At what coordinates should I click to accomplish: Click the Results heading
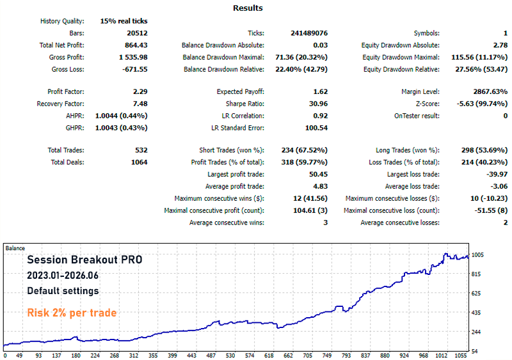point(248,8)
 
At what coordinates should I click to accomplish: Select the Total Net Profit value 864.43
point(136,45)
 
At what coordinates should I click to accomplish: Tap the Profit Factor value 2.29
point(140,91)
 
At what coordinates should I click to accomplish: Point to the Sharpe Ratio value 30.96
point(321,104)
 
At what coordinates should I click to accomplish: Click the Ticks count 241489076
point(309,33)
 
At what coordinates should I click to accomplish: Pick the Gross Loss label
point(68,69)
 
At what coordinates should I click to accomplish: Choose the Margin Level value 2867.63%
point(490,91)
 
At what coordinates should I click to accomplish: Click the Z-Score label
point(428,104)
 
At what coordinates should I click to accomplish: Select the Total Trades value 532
point(141,150)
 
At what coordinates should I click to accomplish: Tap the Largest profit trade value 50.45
point(318,174)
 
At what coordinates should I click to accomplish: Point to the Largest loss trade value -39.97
point(497,174)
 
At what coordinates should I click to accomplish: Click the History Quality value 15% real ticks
point(124,21)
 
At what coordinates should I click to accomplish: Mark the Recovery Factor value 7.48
point(140,104)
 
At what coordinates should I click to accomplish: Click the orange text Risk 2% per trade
point(72,313)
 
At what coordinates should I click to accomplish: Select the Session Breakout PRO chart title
point(84,260)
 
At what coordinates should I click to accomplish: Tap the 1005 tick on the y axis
point(477,255)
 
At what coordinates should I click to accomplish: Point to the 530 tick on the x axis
point(230,355)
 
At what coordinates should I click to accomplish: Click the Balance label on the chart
point(15,248)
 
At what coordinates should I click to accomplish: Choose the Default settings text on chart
point(63,290)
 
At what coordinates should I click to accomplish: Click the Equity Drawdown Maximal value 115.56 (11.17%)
point(479,57)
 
